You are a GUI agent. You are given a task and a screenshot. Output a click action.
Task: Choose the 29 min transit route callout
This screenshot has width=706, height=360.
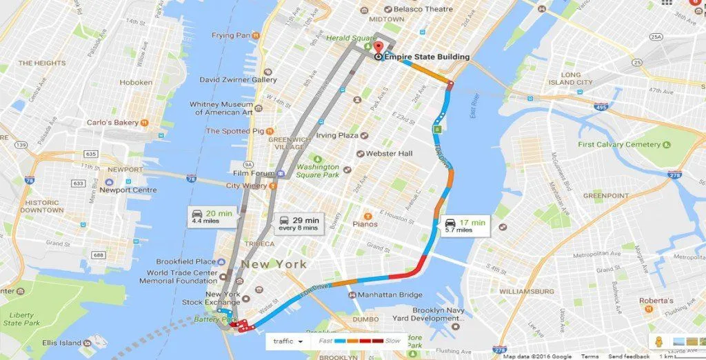[x=299, y=223]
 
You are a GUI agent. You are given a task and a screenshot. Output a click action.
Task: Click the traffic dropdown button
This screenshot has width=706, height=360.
[x=288, y=341]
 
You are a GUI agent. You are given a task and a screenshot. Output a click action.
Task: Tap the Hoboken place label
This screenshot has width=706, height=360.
[x=136, y=82]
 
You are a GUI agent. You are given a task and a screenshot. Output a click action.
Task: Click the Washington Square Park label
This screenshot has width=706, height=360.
[x=318, y=170]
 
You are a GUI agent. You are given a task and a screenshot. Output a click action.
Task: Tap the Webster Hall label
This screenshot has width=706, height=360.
[x=389, y=153]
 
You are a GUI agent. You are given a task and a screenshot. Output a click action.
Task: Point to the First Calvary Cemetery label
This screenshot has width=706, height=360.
[x=618, y=145]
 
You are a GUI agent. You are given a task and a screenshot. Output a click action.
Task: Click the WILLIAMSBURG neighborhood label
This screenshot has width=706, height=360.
[x=526, y=291]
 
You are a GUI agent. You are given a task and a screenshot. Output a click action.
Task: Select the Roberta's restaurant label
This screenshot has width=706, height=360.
[x=656, y=301]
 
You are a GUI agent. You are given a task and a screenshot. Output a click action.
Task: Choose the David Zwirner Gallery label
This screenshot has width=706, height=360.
[x=238, y=79]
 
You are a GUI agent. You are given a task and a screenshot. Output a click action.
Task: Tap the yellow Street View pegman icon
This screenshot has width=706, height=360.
[x=658, y=341]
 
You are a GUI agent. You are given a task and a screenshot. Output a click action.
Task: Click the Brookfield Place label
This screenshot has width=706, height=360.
[x=186, y=262]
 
